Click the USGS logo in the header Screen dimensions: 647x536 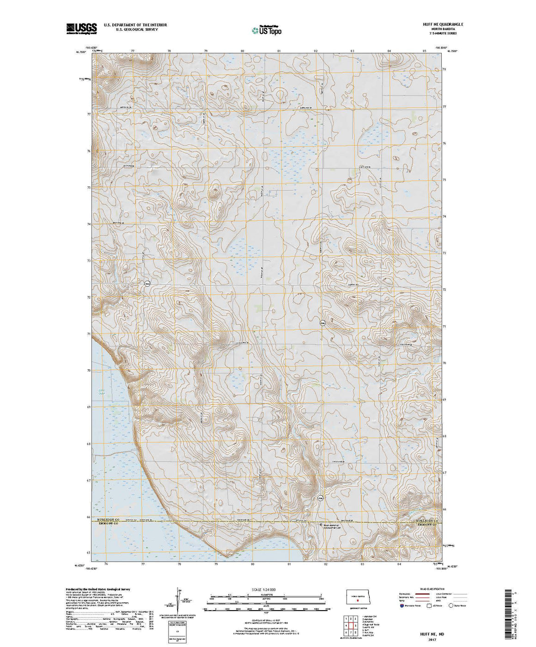click(x=82, y=29)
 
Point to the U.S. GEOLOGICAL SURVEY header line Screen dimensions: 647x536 click(x=131, y=29)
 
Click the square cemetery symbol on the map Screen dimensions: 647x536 click(x=322, y=525)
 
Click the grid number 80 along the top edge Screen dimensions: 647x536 click(x=243, y=50)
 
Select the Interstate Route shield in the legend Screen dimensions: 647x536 click(x=401, y=605)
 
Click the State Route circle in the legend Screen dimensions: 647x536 click(x=451, y=605)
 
